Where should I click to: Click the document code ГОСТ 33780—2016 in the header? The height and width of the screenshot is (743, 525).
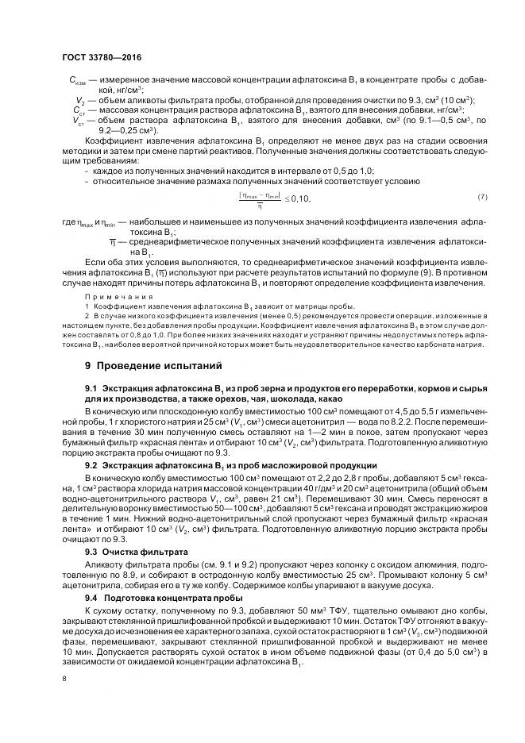click(x=97, y=58)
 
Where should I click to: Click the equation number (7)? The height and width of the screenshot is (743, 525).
click(x=481, y=197)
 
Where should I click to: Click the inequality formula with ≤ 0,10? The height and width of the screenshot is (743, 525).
click(x=275, y=199)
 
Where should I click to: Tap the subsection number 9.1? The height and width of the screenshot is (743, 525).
click(x=91, y=387)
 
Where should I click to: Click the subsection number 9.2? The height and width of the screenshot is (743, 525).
click(x=91, y=464)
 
